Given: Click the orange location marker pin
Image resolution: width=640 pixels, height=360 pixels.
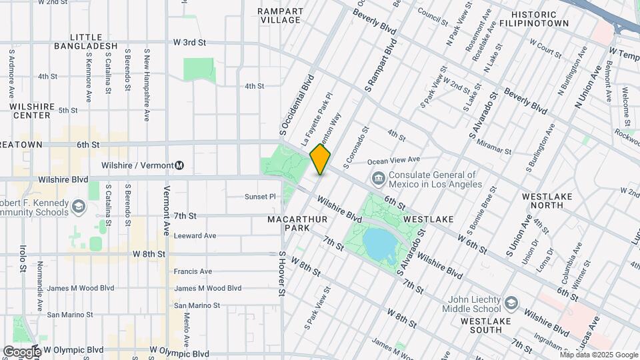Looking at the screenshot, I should [x=320, y=159].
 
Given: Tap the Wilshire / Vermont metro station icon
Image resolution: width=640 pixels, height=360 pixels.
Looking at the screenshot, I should [x=180, y=165].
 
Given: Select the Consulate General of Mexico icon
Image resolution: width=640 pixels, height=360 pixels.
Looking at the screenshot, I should [x=378, y=177].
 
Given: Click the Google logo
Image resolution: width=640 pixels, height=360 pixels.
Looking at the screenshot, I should [x=21, y=351].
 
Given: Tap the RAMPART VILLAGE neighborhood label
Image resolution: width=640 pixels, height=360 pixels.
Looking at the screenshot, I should [x=281, y=16].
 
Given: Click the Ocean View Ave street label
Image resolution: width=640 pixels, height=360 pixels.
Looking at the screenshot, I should [x=393, y=160].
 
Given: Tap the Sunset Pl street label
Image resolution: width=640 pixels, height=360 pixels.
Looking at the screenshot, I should [x=260, y=197].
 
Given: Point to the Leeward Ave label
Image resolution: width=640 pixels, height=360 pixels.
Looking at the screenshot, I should [x=195, y=235].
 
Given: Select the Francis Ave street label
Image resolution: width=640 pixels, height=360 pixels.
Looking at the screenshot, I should [x=193, y=271].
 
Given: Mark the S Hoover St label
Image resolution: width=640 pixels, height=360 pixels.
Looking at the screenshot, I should [x=283, y=273].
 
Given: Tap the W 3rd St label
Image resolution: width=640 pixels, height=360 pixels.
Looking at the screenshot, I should [x=189, y=43].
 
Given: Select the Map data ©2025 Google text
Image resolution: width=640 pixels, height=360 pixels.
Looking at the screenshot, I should [x=598, y=355].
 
